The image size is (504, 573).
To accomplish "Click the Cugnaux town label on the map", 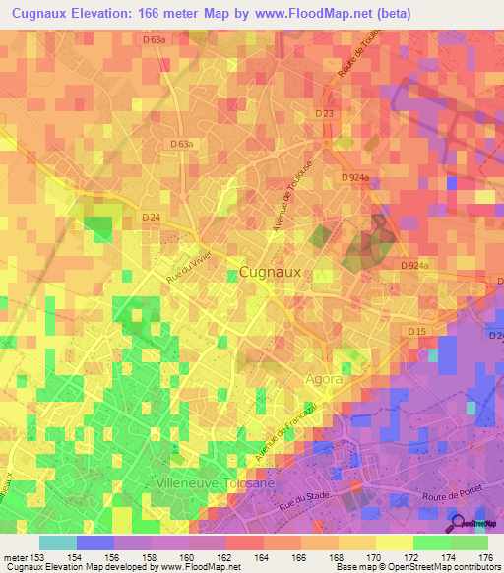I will tap(271, 272).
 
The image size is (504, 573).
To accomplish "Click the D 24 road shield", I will tap(151, 217).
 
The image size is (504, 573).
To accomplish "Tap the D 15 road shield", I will tap(416, 331).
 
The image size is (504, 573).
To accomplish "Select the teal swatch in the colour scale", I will tap(57, 542).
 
